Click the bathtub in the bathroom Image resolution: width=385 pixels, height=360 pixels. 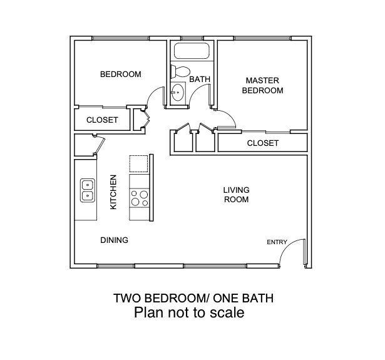(192, 51)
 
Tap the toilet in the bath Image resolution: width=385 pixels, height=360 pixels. (180, 71)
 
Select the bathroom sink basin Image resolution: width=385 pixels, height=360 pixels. (178, 93)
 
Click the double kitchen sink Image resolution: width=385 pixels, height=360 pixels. (88, 190)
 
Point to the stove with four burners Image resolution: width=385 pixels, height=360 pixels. (139, 198)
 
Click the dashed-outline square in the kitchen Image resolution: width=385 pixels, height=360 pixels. (139, 163)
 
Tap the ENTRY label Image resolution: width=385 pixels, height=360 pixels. (277, 242)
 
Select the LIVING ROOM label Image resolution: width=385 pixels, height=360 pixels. (236, 195)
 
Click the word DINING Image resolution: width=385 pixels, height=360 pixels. (114, 240)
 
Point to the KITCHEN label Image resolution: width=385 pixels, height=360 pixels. (113, 192)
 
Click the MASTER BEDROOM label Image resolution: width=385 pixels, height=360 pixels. (262, 85)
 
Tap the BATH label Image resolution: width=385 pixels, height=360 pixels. (200, 79)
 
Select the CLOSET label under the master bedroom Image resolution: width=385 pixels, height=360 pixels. (263, 143)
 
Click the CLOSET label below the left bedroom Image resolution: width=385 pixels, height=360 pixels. (102, 120)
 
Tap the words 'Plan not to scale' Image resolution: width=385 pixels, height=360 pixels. (189, 312)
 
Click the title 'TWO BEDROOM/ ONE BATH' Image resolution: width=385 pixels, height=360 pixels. (193, 298)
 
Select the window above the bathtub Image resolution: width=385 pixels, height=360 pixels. (192, 38)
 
